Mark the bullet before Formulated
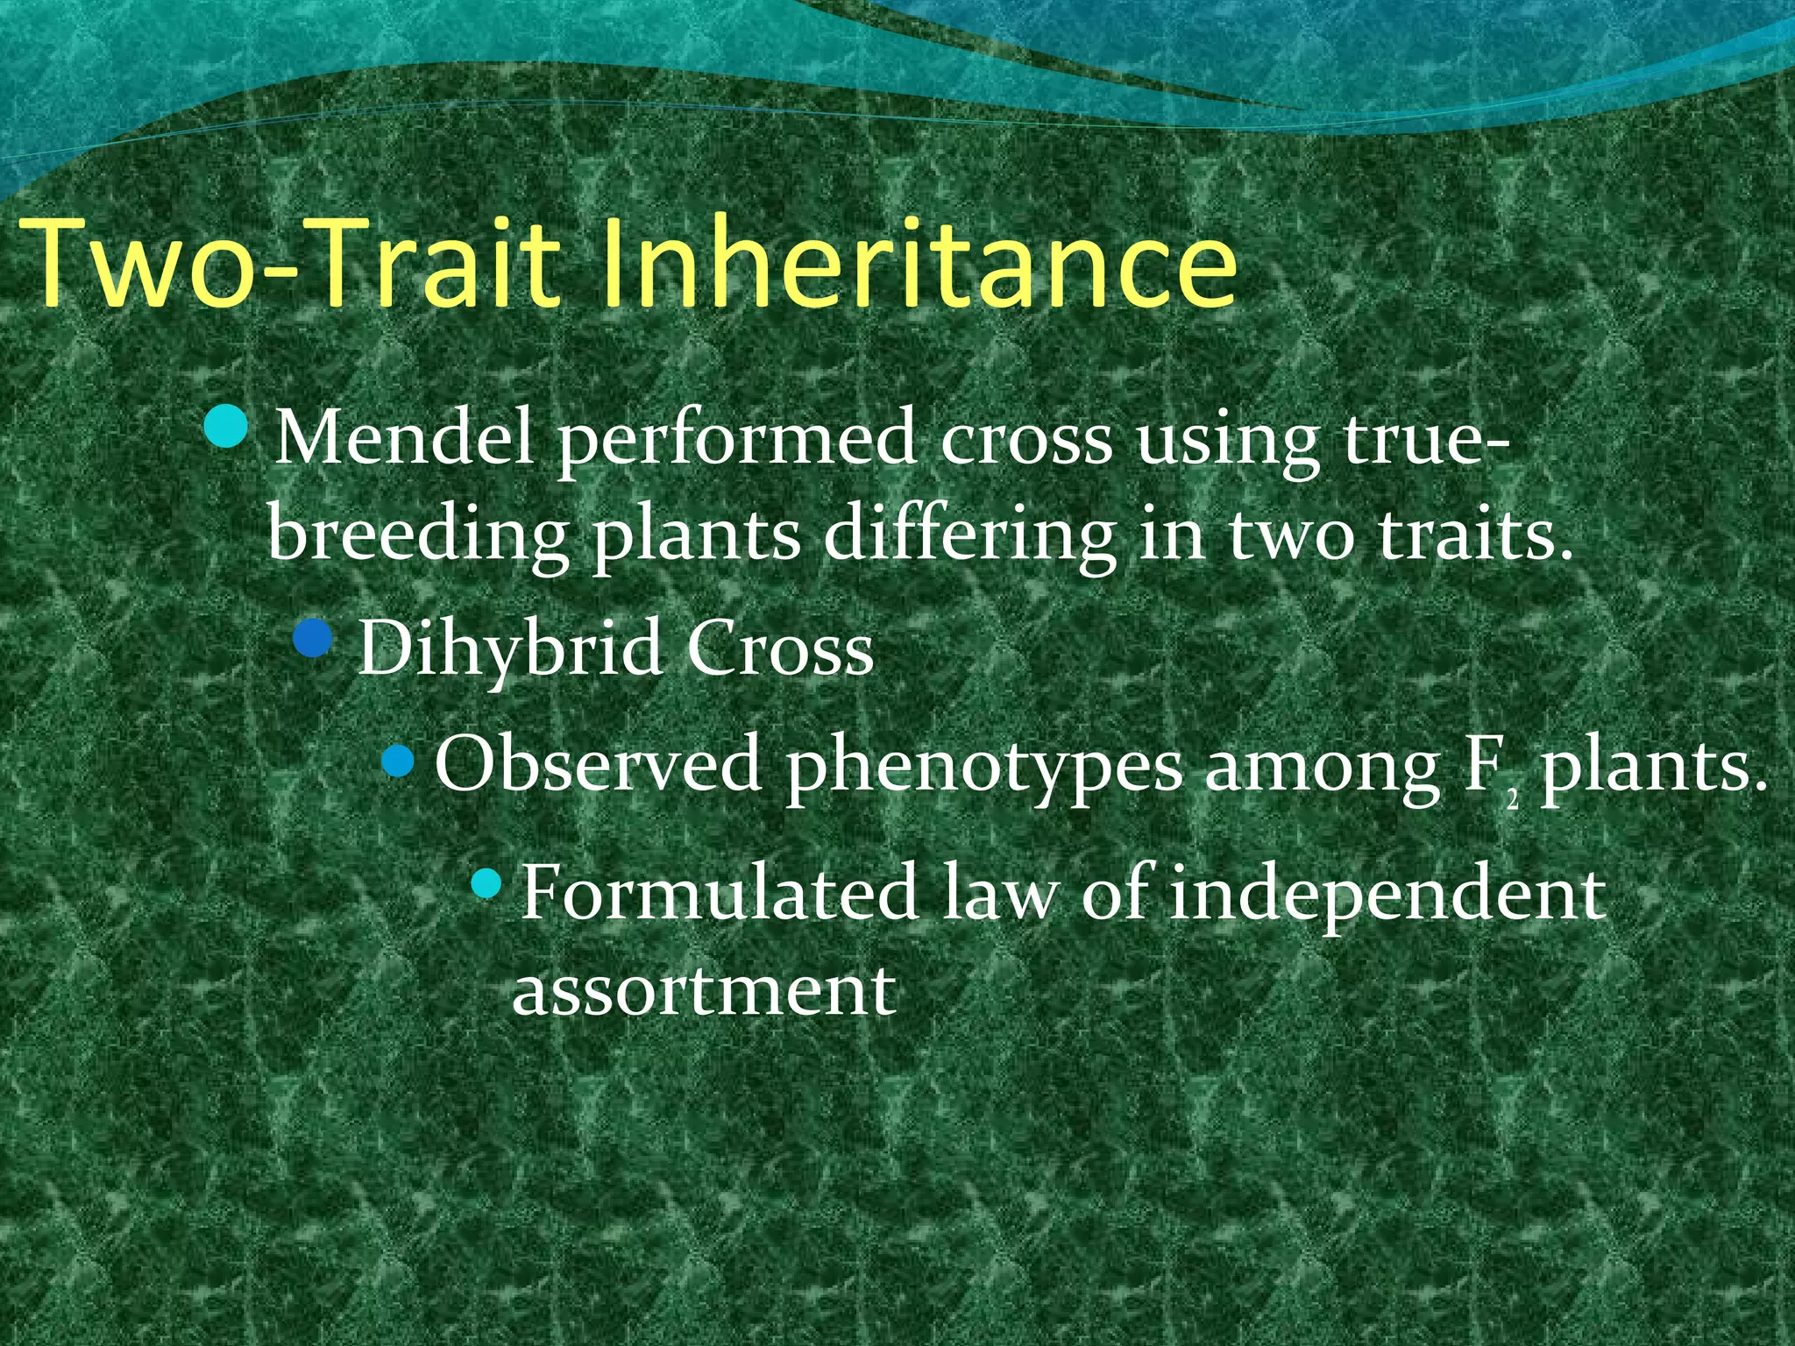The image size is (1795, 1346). pyautogui.click(x=484, y=886)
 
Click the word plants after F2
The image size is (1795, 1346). pyautogui.click(x=1652, y=768)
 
